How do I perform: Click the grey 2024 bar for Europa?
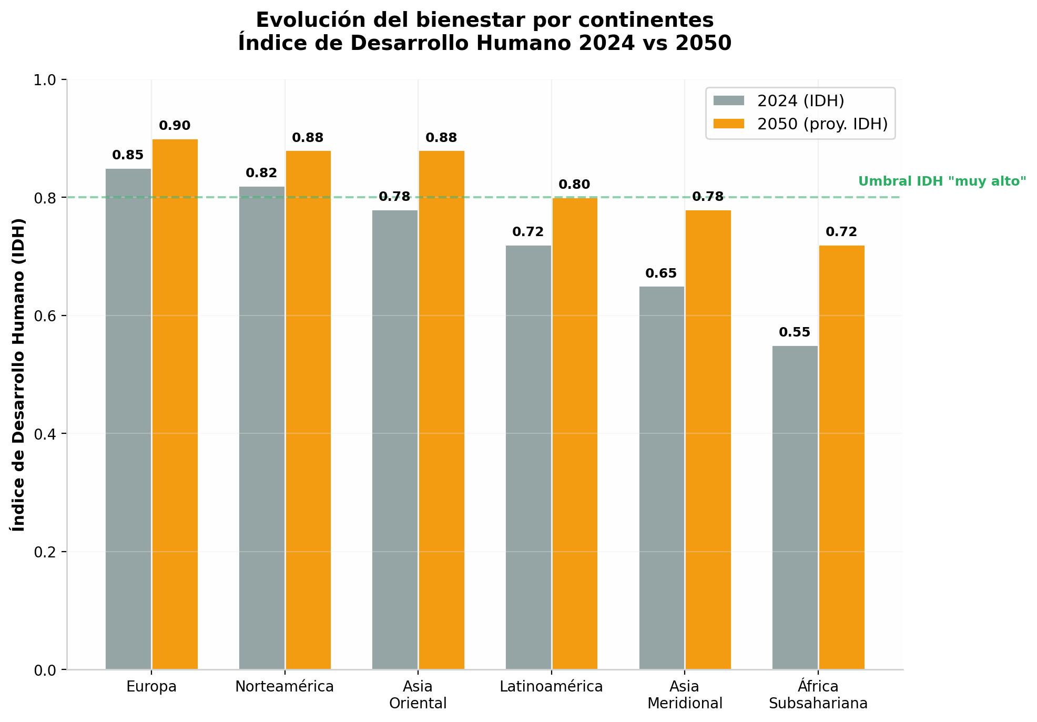click(x=128, y=419)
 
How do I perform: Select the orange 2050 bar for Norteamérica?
click(x=308, y=410)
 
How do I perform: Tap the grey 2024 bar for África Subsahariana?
click(x=795, y=507)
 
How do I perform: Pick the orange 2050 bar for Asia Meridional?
click(x=708, y=440)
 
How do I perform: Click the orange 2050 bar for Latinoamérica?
click(x=575, y=433)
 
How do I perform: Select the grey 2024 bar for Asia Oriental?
click(x=395, y=440)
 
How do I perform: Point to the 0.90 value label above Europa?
click(x=175, y=126)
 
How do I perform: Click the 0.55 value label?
click(x=795, y=332)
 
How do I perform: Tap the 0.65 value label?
click(x=661, y=273)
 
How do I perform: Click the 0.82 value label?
click(x=261, y=173)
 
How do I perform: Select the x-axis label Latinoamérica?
click(x=551, y=687)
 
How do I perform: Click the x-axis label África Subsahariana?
click(x=818, y=695)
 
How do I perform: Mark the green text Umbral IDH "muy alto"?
click(x=942, y=181)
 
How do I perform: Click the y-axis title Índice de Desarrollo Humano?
click(x=19, y=374)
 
